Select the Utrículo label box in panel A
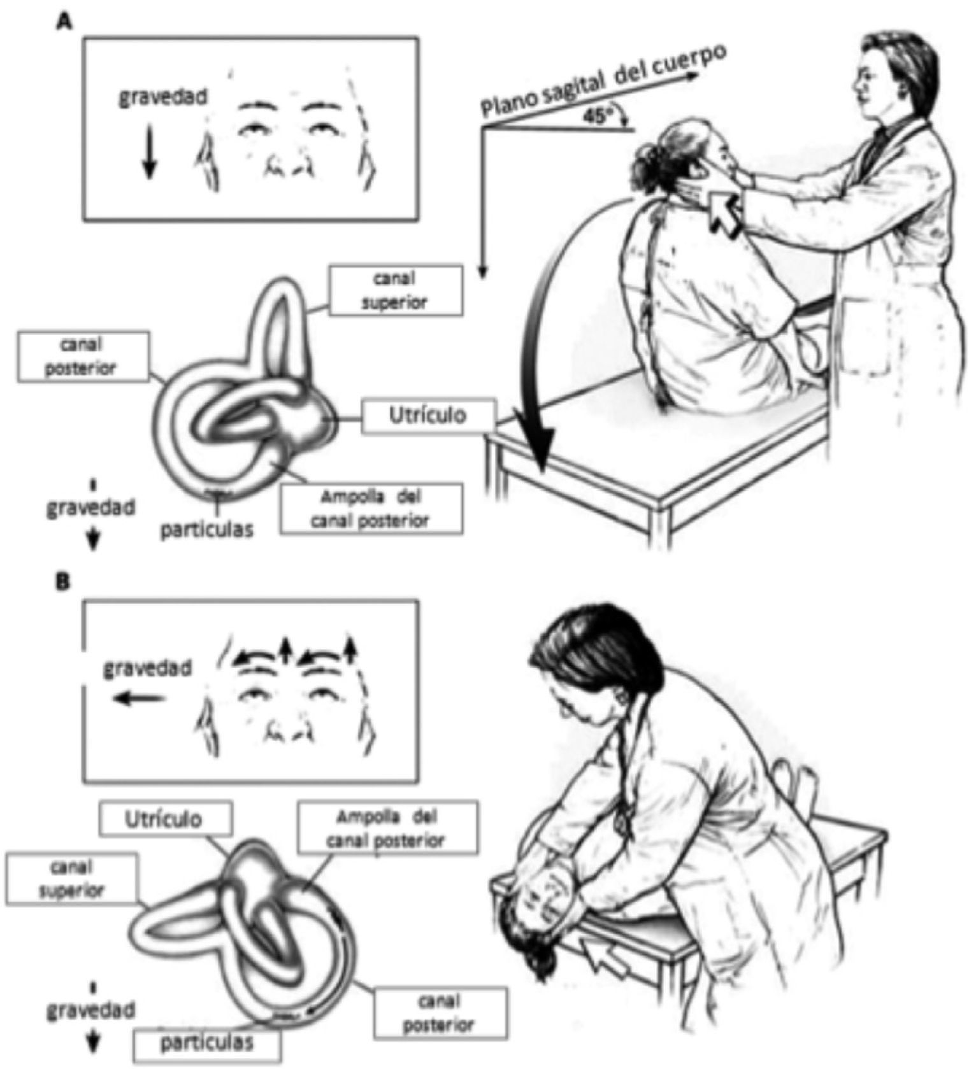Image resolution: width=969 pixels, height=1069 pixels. pyautogui.click(x=429, y=416)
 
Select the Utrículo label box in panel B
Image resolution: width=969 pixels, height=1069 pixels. pyautogui.click(x=166, y=819)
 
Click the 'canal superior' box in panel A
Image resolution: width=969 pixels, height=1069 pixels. pyautogui.click(x=396, y=290)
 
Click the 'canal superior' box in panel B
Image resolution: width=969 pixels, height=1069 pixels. pyautogui.click(x=71, y=879)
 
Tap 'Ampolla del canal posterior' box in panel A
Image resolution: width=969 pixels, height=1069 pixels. pyautogui.click(x=371, y=509)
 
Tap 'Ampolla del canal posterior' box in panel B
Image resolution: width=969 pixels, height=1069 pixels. pyautogui.click(x=385, y=828)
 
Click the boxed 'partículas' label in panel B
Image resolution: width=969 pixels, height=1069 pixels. pyautogui.click(x=207, y=1044)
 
